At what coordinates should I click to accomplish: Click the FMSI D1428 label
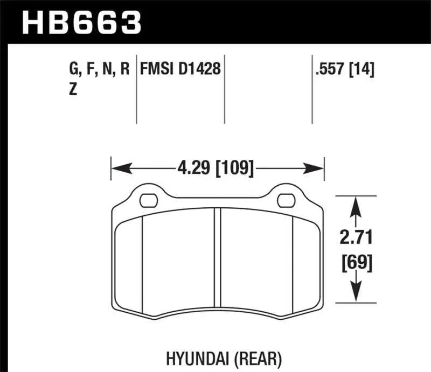coord(180,69)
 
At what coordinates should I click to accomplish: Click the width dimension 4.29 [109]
coord(214,169)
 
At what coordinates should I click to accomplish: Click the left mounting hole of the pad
coord(147,201)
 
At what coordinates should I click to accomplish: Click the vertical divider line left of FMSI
coord(136,89)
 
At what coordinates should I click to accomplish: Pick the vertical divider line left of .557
coord(312,89)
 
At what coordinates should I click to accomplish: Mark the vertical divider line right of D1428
coord(224,89)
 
